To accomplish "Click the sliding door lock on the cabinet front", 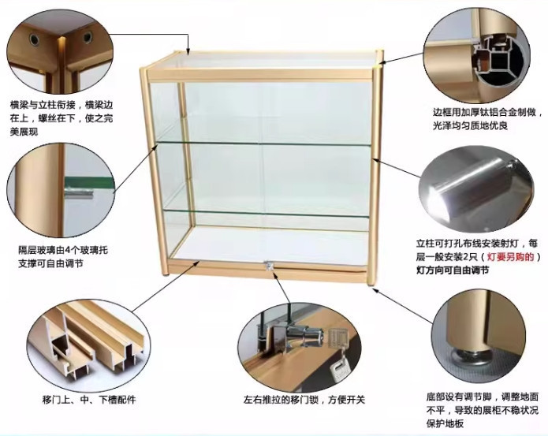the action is (269, 266).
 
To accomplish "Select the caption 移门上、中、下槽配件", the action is (89, 400).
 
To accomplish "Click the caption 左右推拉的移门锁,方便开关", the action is (304, 400).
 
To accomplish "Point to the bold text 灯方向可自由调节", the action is (453, 270).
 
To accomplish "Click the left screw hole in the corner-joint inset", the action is (34, 40).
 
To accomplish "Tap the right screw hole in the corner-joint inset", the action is (88, 37).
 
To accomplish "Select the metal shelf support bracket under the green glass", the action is (80, 193).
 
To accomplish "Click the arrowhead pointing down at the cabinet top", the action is (188, 51).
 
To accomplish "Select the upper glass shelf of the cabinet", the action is (262, 143).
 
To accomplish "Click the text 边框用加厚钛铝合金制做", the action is (484, 113).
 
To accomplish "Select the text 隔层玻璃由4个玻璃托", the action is (63, 250).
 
